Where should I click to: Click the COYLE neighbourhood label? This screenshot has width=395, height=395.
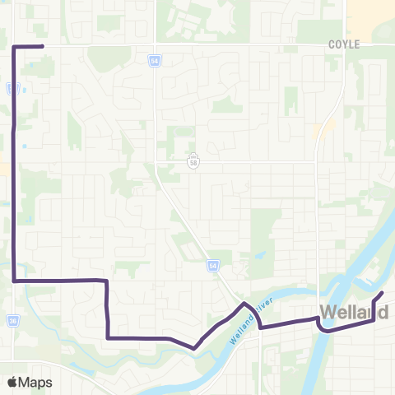pyautogui.click(x=344, y=44)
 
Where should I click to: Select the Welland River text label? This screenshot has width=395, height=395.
pyautogui.click(x=252, y=316)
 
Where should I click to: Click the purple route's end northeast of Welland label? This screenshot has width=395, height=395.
pyautogui.click(x=383, y=293)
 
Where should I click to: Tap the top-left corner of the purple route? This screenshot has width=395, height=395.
pyautogui.click(x=14, y=48)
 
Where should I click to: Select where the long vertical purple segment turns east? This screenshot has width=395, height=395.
pyautogui.click(x=14, y=281)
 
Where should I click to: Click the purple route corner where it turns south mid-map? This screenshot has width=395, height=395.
pyautogui.click(x=107, y=281)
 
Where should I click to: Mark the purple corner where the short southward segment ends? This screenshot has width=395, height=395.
pyautogui.click(x=108, y=337)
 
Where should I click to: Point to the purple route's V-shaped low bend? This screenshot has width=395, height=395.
pyautogui.click(x=193, y=348)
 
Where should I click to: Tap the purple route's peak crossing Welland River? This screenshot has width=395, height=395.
pyautogui.click(x=244, y=304)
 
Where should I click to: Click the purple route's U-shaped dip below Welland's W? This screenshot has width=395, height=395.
pyautogui.click(x=325, y=330)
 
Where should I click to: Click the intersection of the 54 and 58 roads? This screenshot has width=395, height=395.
pyautogui.click(x=156, y=161)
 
